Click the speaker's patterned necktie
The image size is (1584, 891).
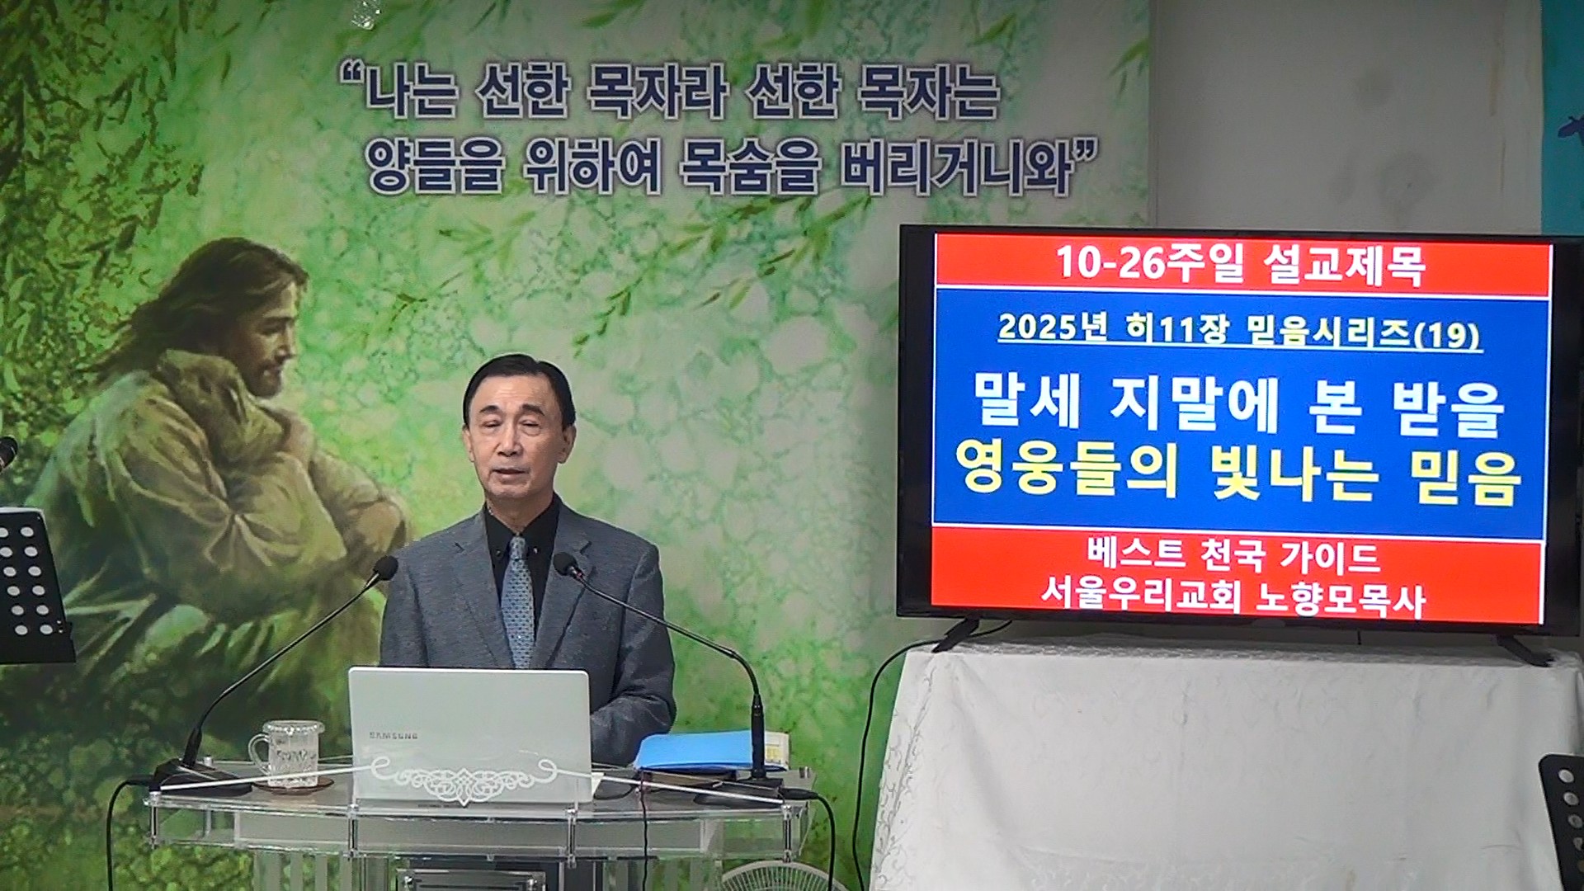(x=518, y=598)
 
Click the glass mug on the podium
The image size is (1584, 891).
(x=288, y=752)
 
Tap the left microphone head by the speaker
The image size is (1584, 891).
(x=384, y=568)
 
